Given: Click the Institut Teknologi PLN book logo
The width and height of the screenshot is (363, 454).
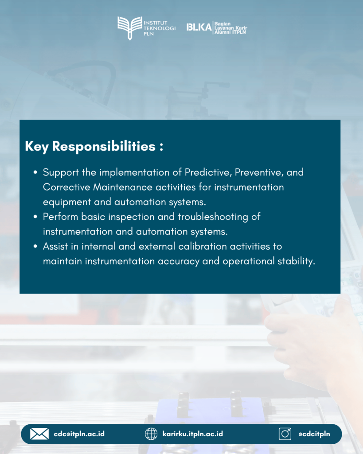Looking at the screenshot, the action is [130, 28].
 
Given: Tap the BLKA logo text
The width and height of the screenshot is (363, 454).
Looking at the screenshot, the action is [199, 27].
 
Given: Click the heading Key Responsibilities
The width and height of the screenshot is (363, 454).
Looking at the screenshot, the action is [94, 146].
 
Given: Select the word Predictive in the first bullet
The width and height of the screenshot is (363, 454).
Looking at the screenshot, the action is [208, 172].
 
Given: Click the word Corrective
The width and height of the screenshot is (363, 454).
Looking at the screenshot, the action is [66, 187].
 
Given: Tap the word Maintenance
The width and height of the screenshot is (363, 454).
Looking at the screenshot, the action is [123, 187].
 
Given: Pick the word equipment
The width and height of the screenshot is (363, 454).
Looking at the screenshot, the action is [67, 202].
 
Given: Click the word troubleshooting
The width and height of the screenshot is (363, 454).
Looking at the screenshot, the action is [213, 217].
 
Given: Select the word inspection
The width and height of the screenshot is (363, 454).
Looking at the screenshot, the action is [132, 217].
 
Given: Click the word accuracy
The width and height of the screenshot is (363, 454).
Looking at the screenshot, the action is [179, 262].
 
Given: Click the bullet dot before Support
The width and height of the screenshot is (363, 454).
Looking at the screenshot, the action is [35, 172].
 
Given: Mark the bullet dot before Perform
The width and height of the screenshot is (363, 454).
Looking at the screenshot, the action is [35, 217].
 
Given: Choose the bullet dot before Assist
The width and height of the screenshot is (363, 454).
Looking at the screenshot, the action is [35, 247].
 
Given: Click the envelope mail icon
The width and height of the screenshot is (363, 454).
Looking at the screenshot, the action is [39, 434].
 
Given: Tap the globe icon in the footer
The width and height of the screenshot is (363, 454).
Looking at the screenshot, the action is [151, 434].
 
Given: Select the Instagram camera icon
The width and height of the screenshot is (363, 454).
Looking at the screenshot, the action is [285, 434].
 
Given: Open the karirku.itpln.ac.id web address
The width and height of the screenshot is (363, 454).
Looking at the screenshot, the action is [193, 434].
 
